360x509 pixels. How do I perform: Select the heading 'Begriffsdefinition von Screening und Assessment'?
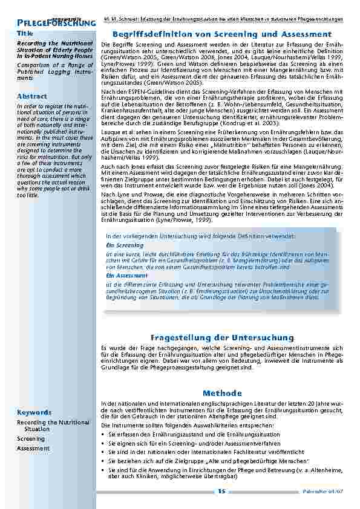(221, 34)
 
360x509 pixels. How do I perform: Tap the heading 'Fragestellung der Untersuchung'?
(221, 336)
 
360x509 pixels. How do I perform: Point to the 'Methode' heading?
(221, 394)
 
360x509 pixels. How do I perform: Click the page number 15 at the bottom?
(221, 491)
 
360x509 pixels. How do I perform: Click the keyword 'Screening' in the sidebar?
(31, 438)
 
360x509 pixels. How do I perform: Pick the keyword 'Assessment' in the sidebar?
(33, 448)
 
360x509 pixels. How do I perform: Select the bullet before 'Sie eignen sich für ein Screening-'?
(103, 443)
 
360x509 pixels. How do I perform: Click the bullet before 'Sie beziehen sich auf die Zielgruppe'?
(103, 460)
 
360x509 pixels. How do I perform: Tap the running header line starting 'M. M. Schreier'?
(223, 19)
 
